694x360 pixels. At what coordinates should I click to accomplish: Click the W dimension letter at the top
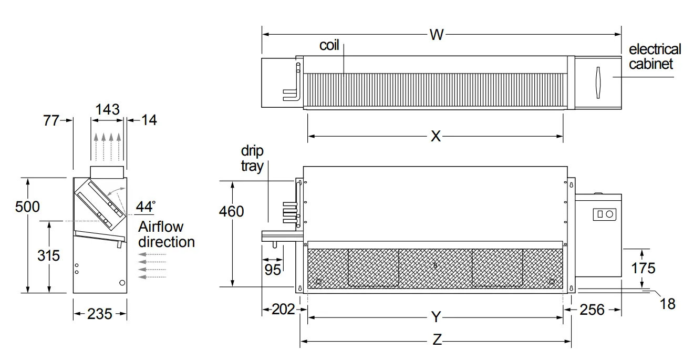click(436, 35)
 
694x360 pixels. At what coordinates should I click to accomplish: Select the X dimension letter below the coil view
click(436, 136)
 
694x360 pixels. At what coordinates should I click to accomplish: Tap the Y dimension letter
click(436, 317)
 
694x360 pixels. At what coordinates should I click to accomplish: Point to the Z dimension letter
click(437, 340)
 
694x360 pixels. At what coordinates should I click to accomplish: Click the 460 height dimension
click(231, 211)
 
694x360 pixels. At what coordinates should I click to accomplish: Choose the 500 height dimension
click(27, 207)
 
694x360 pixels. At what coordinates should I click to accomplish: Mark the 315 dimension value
click(48, 255)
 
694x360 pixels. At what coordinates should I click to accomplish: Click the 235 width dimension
click(99, 314)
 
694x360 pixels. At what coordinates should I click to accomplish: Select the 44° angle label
click(145, 207)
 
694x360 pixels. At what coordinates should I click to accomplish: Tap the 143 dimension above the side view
click(108, 109)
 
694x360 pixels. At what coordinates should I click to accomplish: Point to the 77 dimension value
click(50, 120)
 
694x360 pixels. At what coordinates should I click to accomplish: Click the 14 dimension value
click(149, 120)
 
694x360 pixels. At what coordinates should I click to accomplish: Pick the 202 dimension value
click(283, 309)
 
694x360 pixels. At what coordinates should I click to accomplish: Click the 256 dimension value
click(592, 309)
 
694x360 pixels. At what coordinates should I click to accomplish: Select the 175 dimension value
click(643, 268)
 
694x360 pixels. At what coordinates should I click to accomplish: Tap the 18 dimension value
click(667, 304)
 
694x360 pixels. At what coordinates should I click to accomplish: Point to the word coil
click(329, 46)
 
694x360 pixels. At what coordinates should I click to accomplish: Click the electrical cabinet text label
click(655, 57)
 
